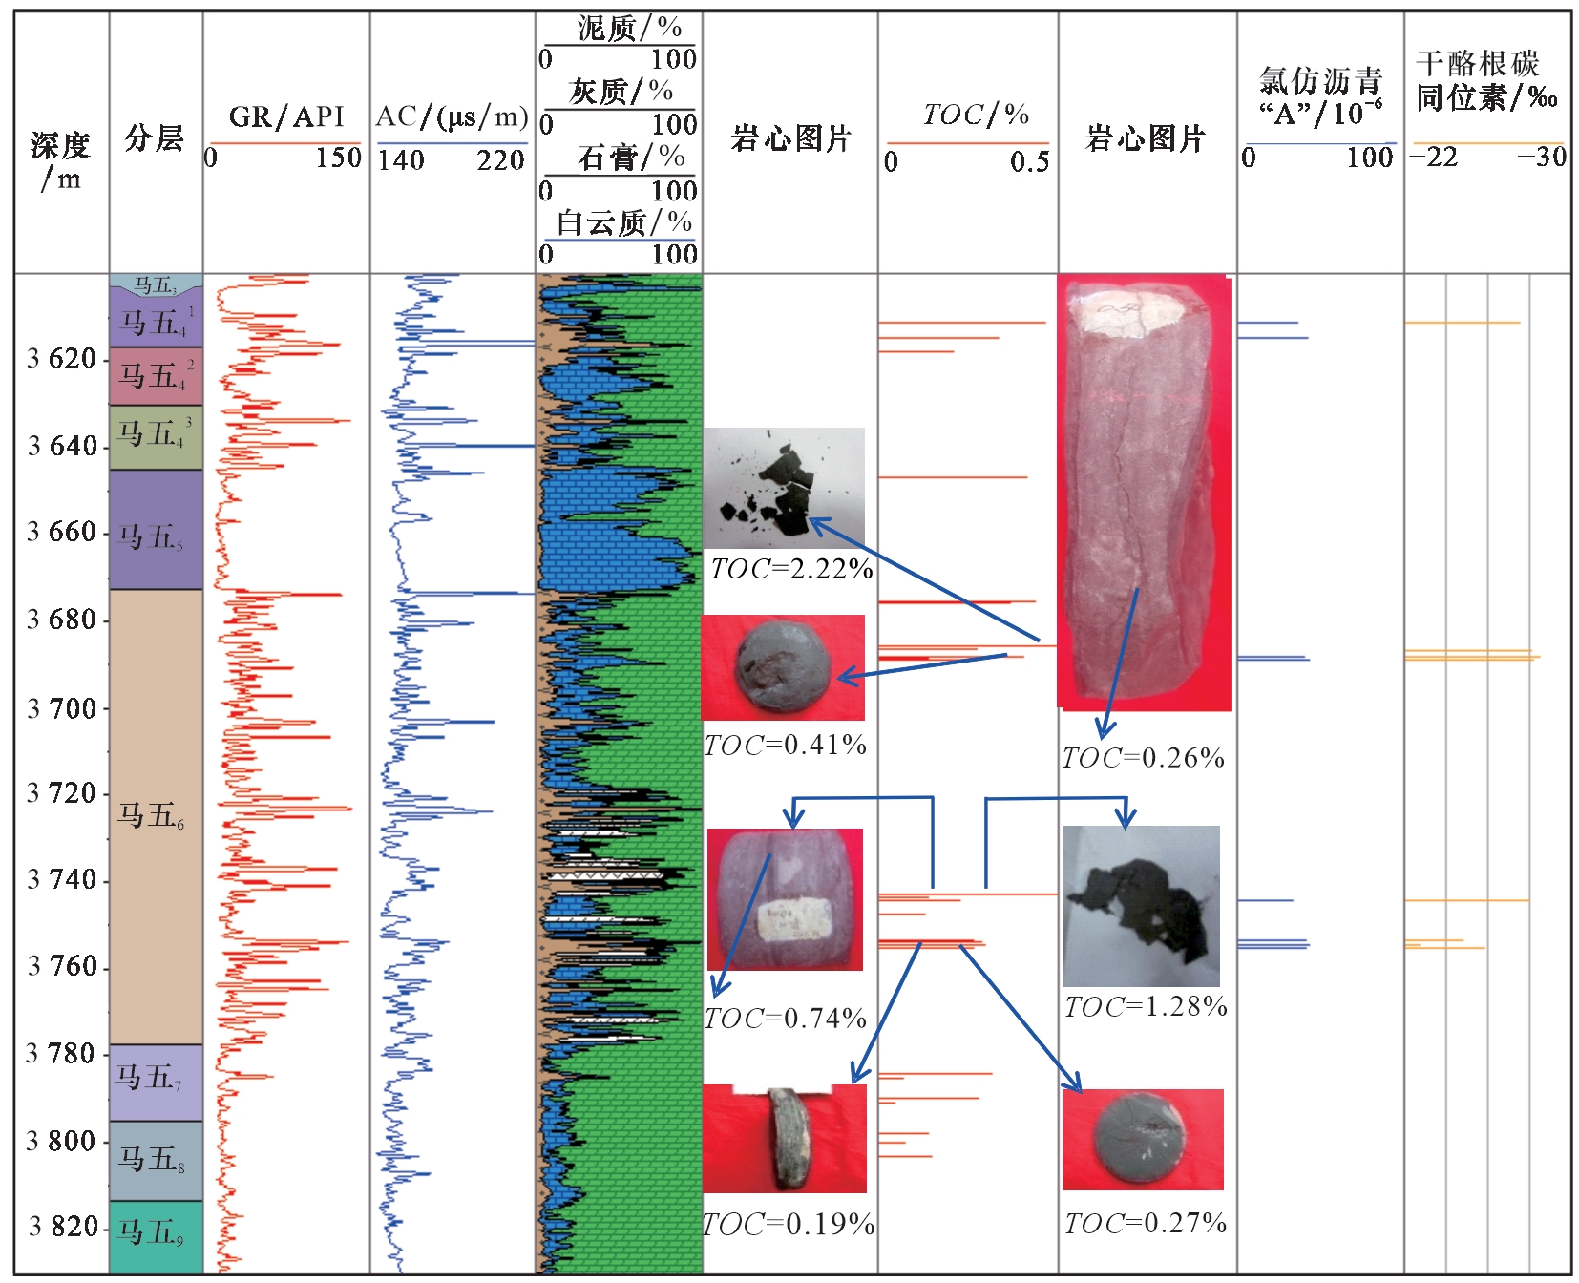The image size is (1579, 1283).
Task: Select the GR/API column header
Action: pyautogui.click(x=285, y=117)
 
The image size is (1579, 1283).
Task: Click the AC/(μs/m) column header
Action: pyautogui.click(x=452, y=117)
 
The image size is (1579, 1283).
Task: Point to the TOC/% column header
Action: pyautogui.click(x=975, y=116)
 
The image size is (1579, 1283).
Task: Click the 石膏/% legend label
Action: pyautogui.click(x=631, y=158)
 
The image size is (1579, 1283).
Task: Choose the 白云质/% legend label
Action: pyautogui.click(x=624, y=223)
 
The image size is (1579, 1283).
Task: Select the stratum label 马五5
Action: pyautogui.click(x=151, y=537)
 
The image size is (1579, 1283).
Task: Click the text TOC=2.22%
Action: pyautogui.click(x=790, y=570)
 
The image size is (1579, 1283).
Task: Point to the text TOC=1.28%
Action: pyautogui.click(x=1145, y=1007)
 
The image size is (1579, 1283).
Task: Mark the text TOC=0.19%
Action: pyautogui.click(x=789, y=1225)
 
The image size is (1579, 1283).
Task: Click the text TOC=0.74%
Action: pyautogui.click(x=785, y=1019)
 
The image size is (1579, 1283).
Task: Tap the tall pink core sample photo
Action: pyautogui.click(x=1144, y=492)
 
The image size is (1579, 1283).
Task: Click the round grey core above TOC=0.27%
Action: pyautogui.click(x=1141, y=1139)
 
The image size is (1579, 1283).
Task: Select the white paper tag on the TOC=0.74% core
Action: pyautogui.click(x=792, y=919)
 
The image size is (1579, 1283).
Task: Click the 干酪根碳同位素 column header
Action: pyautogui.click(x=1485, y=81)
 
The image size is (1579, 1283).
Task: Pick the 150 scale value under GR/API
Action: pyautogui.click(x=338, y=158)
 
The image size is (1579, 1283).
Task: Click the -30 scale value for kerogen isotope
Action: pyautogui.click(x=1542, y=158)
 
